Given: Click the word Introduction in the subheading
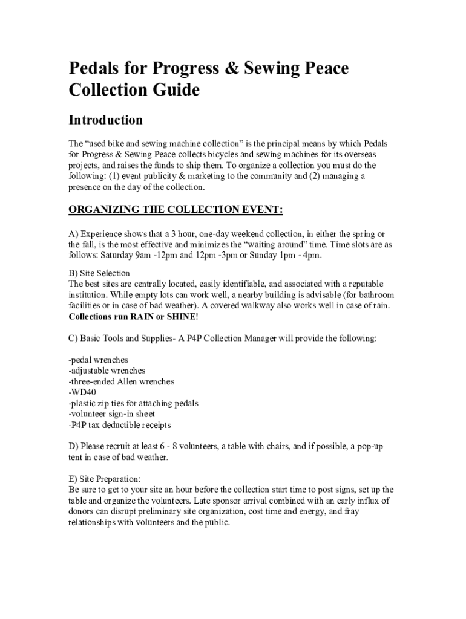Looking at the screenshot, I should pyautogui.click(x=105, y=120).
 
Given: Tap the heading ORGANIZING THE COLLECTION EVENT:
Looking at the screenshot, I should pyautogui.click(x=176, y=210).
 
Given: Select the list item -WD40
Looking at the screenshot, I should pyautogui.click(x=83, y=392).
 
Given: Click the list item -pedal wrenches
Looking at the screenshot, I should pyautogui.click(x=98, y=360).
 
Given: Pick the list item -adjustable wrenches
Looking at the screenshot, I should pyautogui.click(x=107, y=371).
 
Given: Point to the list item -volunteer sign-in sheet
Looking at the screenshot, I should pyautogui.click(x=112, y=414).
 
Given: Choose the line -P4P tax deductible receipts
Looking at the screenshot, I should pyautogui.click(x=120, y=425).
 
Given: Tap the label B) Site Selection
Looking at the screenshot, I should pyautogui.click(x=99, y=273).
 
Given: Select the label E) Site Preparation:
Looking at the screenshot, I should pyautogui.click(x=105, y=479).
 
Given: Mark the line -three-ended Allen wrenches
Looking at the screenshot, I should pyautogui.click(x=122, y=381).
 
